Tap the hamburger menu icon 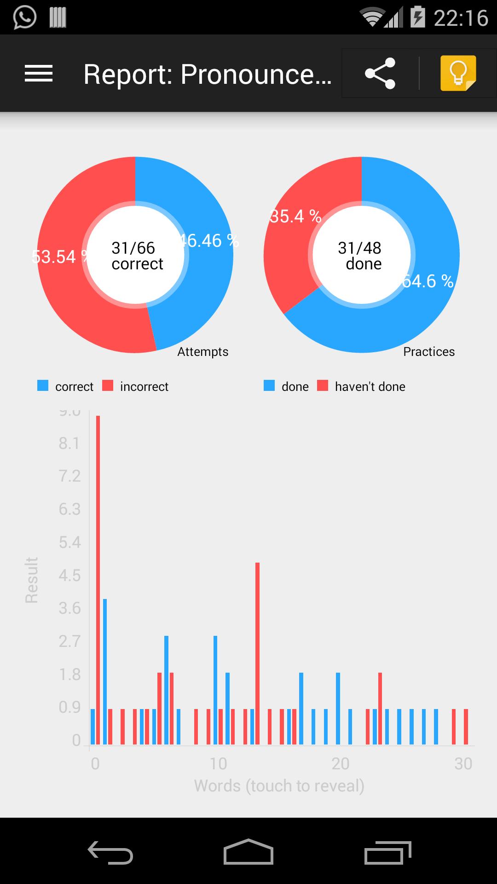point(39,74)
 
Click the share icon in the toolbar point(380,73)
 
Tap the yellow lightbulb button point(458,73)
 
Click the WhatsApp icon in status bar point(24,17)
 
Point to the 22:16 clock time point(461,18)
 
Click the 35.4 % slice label point(295,216)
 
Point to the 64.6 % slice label point(428,281)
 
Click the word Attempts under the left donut point(203,352)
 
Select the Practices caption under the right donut point(429,352)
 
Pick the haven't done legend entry point(361,386)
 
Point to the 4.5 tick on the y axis point(69,576)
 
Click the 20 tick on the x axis point(341,764)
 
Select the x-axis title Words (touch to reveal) point(279,785)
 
